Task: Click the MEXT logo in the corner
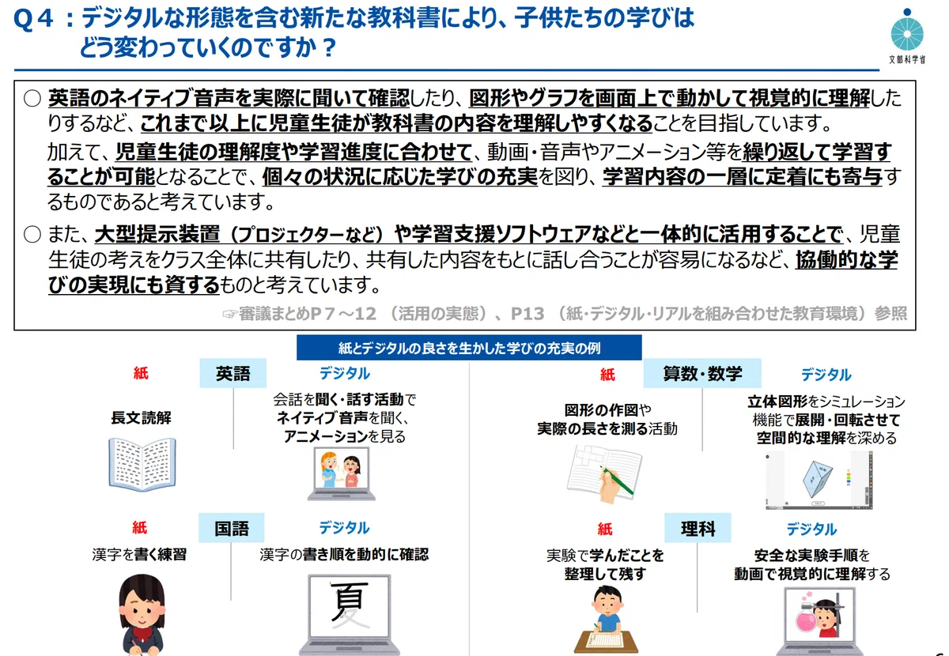click(x=906, y=34)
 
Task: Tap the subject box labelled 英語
click(x=233, y=373)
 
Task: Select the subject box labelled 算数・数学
click(x=702, y=374)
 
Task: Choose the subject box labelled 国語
click(x=231, y=528)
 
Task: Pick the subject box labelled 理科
click(x=698, y=528)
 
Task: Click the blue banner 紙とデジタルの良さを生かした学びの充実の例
click(x=469, y=348)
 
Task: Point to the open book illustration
click(x=142, y=465)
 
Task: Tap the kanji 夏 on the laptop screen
click(x=350, y=604)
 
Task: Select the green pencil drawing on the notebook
click(x=616, y=481)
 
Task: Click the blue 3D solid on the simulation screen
click(x=817, y=479)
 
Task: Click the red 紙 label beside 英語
click(x=141, y=373)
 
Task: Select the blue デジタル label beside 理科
click(x=811, y=529)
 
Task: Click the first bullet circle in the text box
click(x=32, y=98)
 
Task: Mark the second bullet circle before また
click(x=32, y=234)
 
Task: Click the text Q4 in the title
click(x=33, y=19)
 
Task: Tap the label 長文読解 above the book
click(x=141, y=418)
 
